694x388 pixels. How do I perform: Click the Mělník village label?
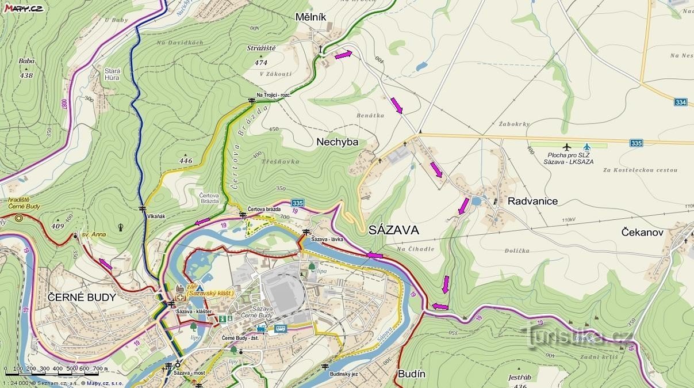(x=310, y=17)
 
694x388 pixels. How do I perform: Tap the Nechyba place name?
(x=337, y=142)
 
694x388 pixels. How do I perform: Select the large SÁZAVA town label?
(x=393, y=230)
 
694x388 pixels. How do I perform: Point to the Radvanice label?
(x=532, y=201)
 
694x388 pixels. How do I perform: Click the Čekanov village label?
(x=643, y=232)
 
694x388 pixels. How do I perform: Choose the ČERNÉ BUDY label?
(x=82, y=298)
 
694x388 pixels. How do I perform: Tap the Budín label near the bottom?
(x=412, y=374)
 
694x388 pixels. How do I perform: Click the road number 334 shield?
(x=681, y=102)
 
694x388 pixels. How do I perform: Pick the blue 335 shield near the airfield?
(x=635, y=143)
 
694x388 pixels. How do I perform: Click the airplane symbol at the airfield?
(x=567, y=147)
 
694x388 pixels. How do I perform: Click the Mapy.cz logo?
(x=23, y=7)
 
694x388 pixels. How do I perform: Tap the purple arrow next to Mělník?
(x=343, y=55)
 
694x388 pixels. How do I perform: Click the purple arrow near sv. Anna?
(x=105, y=264)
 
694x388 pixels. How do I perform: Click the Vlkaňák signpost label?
(x=156, y=216)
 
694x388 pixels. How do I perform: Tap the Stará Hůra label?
(x=112, y=74)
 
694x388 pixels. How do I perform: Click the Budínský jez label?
(x=344, y=374)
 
